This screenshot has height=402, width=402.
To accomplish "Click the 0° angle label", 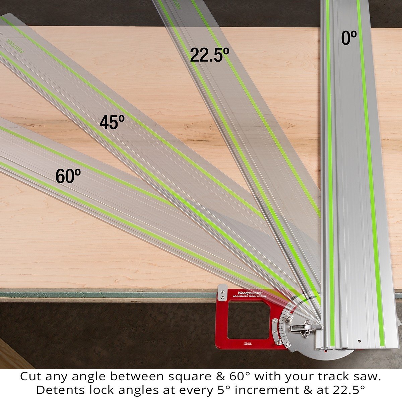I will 349,38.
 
